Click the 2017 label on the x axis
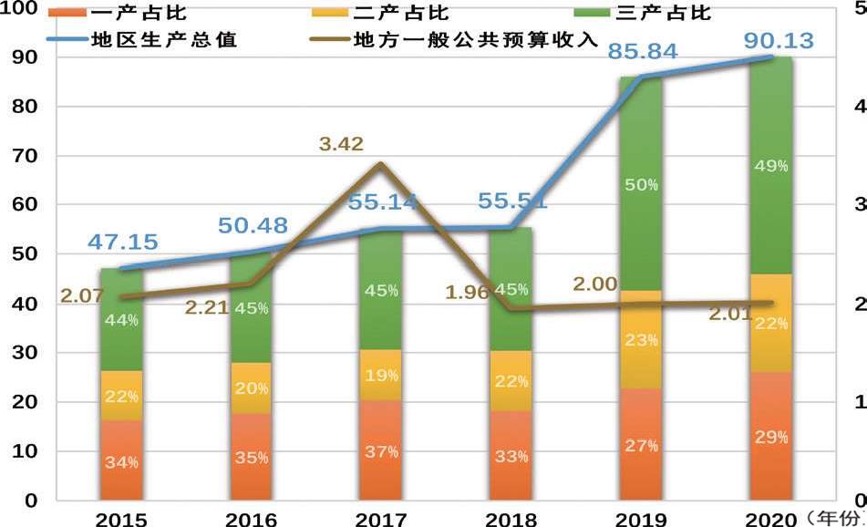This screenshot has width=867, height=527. (x=380, y=519)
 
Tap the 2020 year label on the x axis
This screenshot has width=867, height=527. (x=770, y=519)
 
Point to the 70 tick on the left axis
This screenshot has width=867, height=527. (x=24, y=156)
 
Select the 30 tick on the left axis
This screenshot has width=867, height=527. (x=24, y=353)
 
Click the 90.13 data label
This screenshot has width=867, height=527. (x=778, y=41)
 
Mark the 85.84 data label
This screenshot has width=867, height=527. (x=644, y=51)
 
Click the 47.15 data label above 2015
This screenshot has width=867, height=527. (x=123, y=243)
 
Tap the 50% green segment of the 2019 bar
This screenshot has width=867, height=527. (x=641, y=185)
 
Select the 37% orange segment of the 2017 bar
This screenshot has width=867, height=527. (x=381, y=450)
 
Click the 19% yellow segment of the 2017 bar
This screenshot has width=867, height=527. (x=381, y=374)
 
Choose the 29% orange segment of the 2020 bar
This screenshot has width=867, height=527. (x=770, y=437)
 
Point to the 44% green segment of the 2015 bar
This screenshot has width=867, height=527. (x=121, y=320)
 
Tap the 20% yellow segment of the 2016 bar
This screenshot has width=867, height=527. (x=251, y=388)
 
